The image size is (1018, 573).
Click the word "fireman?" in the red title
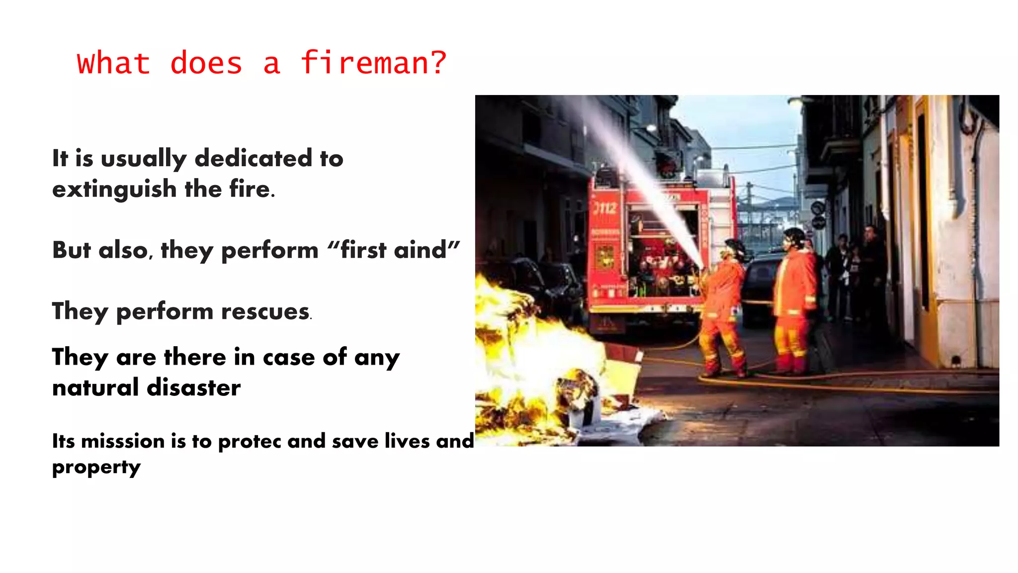coord(373,63)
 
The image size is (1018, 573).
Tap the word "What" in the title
coord(113,63)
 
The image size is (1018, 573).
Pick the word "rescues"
coord(265,311)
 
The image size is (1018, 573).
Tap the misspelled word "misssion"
coord(123,441)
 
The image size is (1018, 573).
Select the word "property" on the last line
coord(96,468)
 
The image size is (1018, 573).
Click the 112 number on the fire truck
coord(605,208)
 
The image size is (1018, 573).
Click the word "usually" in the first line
coord(143,159)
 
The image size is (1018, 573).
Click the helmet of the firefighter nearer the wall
coord(794,236)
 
